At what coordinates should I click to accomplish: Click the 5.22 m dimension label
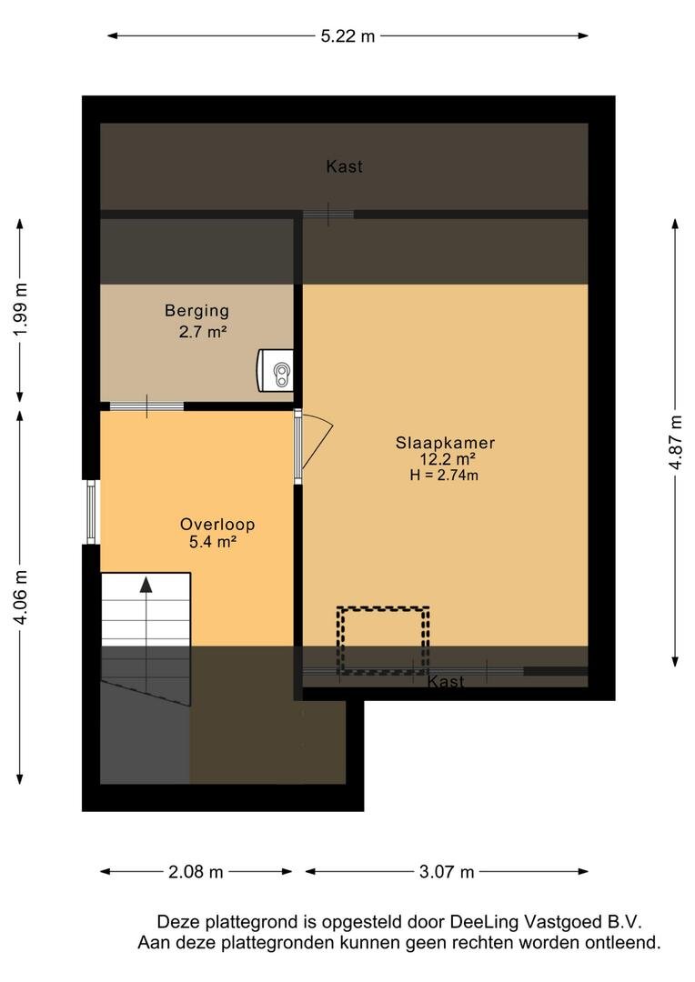click(347, 36)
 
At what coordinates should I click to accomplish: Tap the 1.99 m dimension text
click(21, 309)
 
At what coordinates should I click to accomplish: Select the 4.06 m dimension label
click(21, 596)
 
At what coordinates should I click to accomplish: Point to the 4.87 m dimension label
click(675, 442)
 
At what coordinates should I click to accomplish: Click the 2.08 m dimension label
click(196, 871)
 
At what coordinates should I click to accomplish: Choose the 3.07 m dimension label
click(447, 871)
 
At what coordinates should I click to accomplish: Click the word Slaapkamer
click(445, 442)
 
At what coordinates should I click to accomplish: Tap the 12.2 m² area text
click(448, 459)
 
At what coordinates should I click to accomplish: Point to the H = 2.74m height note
click(444, 475)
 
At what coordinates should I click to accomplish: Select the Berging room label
click(196, 311)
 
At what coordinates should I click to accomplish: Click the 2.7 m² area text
click(203, 331)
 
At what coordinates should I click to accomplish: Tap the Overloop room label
click(217, 525)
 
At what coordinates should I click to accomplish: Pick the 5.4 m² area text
click(213, 542)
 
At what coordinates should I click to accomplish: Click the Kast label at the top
click(344, 166)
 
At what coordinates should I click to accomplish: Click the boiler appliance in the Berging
click(275, 371)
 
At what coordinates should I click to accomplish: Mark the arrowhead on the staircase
click(146, 585)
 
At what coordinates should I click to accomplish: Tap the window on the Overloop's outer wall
click(91, 512)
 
